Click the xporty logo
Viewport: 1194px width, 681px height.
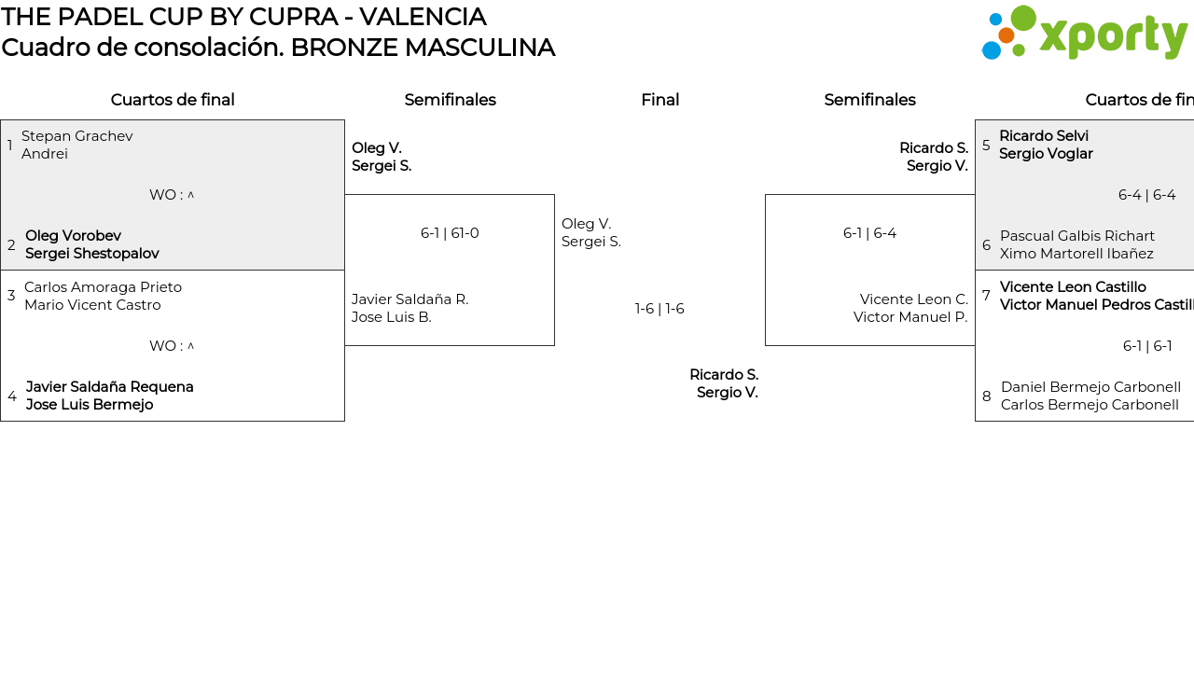pos(1084,34)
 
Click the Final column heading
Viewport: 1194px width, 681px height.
pos(659,100)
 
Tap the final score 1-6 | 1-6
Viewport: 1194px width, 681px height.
pos(659,309)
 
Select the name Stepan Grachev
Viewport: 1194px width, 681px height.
pos(77,136)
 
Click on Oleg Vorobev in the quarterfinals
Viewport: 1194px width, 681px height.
pos(73,236)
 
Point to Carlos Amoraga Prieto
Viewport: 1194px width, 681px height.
pos(103,287)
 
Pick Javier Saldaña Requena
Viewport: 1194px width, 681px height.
pos(110,387)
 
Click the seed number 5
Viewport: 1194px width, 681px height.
pos(986,146)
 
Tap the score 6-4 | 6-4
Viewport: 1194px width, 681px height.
pos(1146,195)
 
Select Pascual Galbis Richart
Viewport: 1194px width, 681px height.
pos(1077,236)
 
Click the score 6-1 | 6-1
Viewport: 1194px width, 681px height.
pos(1147,346)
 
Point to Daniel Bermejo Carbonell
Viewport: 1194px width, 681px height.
pos(1090,387)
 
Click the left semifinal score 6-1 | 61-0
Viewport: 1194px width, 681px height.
pos(450,233)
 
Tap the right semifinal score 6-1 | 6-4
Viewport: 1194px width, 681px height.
pos(869,233)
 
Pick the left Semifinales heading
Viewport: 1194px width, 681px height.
pos(450,100)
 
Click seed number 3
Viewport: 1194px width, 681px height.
pos(11,296)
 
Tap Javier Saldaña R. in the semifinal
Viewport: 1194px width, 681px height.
pos(410,299)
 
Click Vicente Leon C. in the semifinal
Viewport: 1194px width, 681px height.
pos(913,299)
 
